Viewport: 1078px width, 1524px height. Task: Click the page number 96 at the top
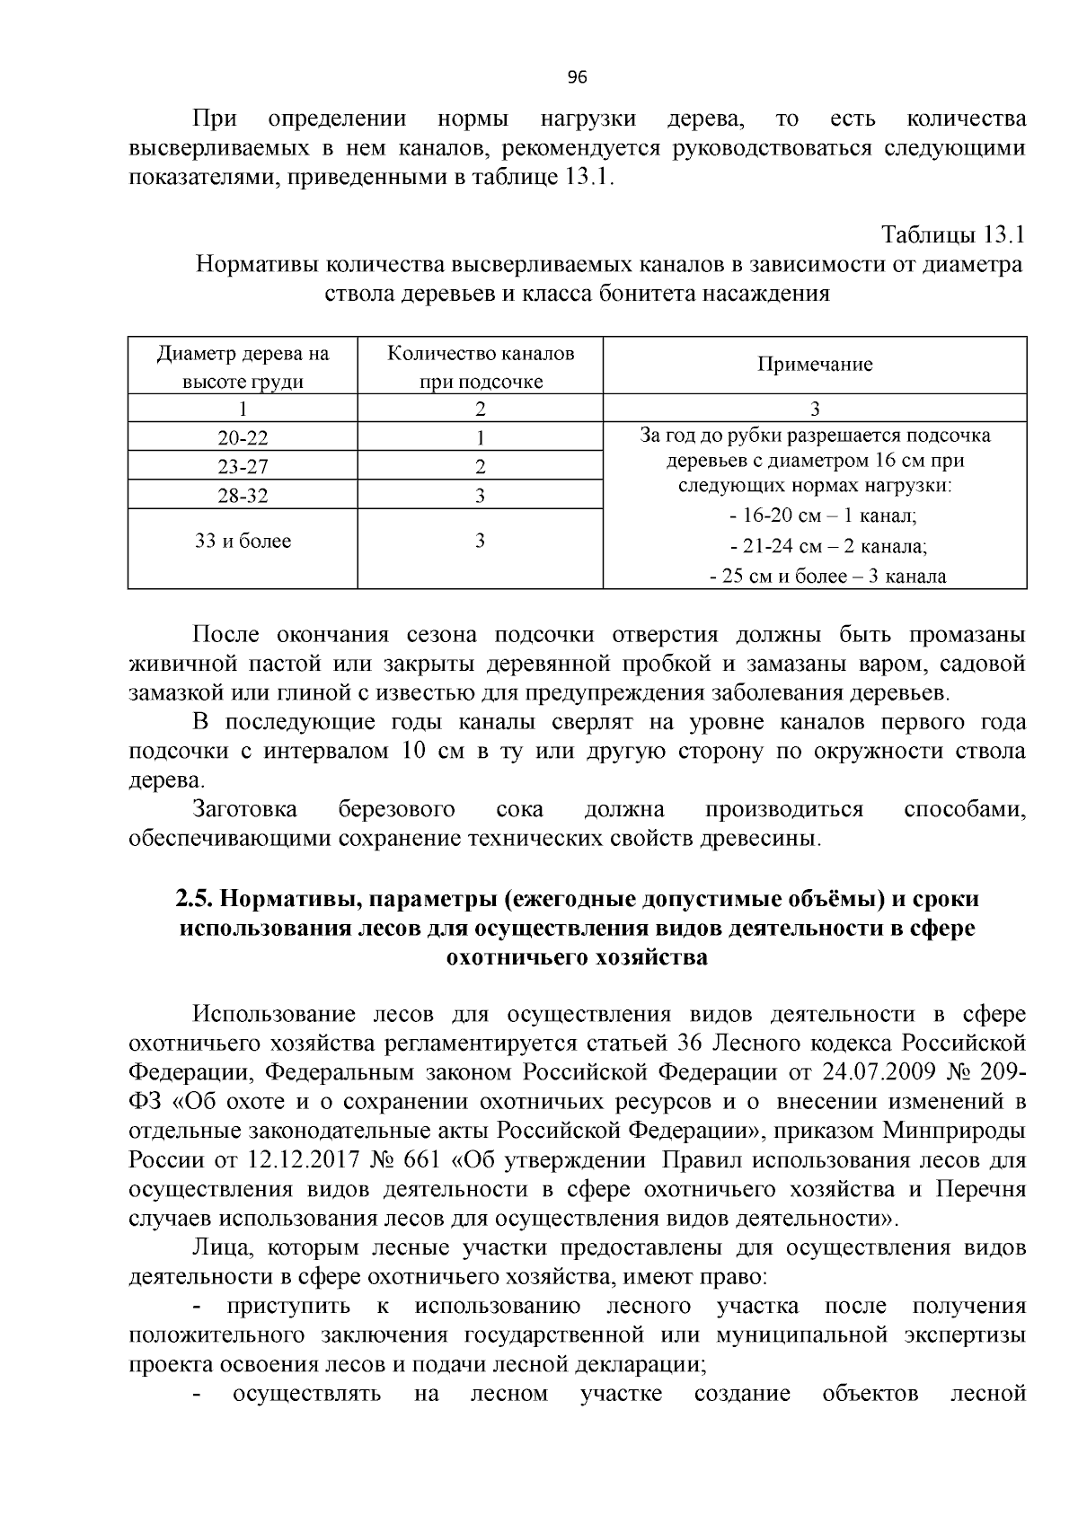click(578, 77)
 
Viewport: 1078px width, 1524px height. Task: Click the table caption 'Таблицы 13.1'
click(953, 235)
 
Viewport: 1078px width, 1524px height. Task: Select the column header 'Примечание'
click(815, 365)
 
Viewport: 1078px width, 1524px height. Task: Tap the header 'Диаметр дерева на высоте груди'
click(243, 366)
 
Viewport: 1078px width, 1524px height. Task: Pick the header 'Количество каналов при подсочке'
click(481, 366)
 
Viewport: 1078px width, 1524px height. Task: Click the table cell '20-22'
click(243, 438)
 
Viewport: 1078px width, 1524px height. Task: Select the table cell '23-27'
click(243, 467)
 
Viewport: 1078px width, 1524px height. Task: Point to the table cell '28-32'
click(243, 496)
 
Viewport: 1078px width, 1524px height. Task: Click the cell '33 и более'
click(243, 542)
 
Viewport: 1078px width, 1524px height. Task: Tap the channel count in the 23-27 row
click(481, 467)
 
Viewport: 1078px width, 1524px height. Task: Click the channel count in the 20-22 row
click(481, 438)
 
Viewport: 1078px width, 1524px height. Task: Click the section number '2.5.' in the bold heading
click(192, 899)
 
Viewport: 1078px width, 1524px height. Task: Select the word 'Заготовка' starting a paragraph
click(245, 809)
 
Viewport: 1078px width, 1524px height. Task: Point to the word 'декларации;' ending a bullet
click(647, 1364)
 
